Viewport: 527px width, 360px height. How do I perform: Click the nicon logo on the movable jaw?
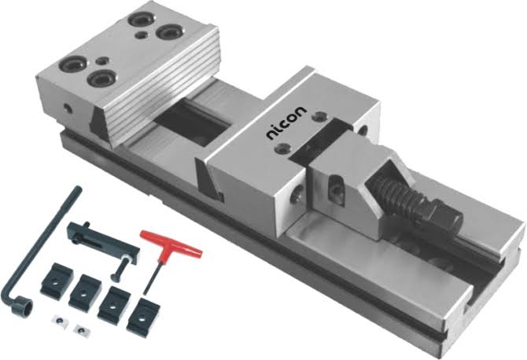click(x=286, y=123)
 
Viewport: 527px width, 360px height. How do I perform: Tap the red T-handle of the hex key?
click(x=171, y=244)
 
